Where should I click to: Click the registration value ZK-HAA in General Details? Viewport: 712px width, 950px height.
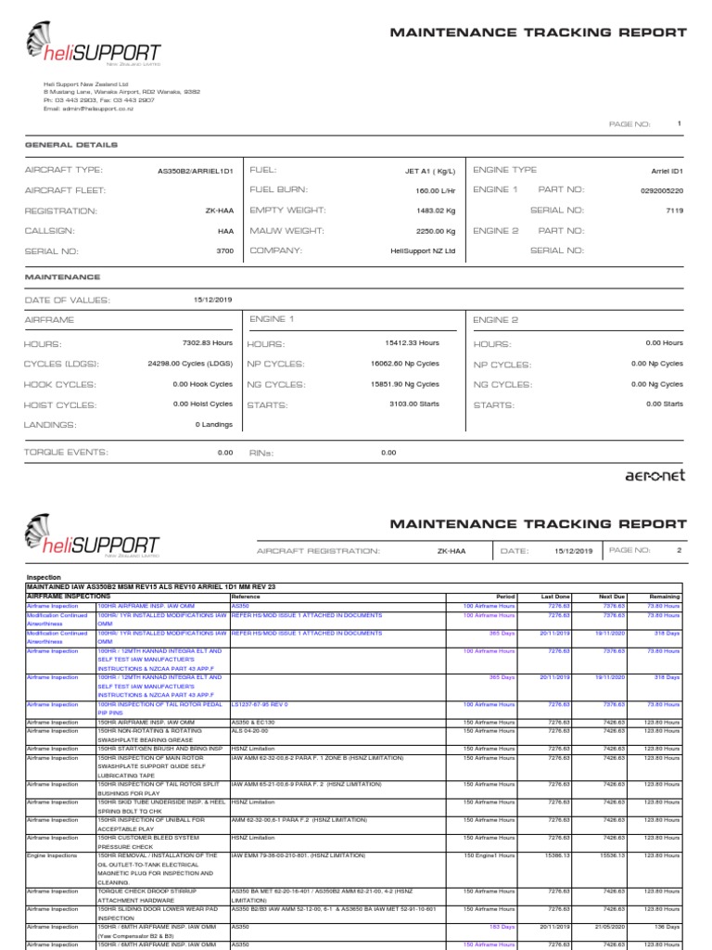point(219,211)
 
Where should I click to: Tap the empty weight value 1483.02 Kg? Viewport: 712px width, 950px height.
point(437,211)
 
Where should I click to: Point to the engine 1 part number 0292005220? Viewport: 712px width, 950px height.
point(661,190)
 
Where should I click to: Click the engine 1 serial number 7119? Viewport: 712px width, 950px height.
point(674,211)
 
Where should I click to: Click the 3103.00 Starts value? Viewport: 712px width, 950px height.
point(414,404)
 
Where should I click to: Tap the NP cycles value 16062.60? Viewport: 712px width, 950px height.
point(405,364)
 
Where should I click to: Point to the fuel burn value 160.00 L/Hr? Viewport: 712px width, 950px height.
point(435,190)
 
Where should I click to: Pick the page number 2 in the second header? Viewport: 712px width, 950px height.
point(678,550)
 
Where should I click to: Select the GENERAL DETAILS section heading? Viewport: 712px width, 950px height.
point(70,145)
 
